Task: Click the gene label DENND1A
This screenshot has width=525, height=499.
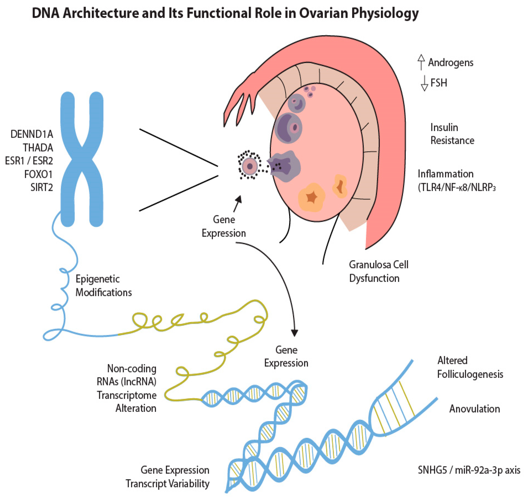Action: pos(32,134)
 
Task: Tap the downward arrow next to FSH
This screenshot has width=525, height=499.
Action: pos(425,83)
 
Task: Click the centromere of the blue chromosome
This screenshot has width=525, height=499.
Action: pos(82,159)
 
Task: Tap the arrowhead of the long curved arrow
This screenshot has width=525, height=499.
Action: pos(294,333)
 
